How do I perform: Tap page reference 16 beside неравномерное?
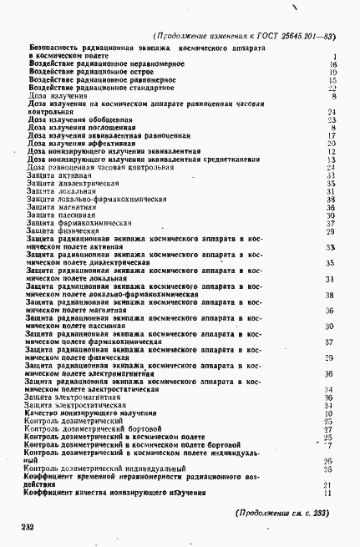(332, 64)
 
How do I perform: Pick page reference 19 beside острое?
(332, 72)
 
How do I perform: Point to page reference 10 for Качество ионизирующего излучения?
(330, 413)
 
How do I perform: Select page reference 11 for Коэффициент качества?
(330, 494)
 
